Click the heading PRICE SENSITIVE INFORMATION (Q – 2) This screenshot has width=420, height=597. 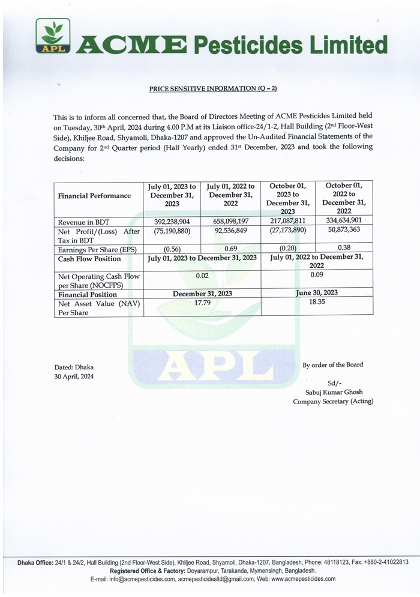tap(213, 88)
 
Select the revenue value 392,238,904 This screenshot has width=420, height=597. tap(172, 222)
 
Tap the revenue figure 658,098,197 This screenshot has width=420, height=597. tap(230, 222)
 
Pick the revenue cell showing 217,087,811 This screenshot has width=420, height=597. tap(288, 221)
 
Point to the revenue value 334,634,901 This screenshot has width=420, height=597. tap(344, 220)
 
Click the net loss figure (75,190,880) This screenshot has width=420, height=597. tap(172, 231)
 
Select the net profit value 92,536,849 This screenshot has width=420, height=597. tap(230, 231)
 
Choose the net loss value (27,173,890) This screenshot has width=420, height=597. tap(288, 231)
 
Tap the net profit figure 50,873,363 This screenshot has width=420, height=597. tap(344, 230)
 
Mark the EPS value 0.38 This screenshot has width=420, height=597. tap(344, 247)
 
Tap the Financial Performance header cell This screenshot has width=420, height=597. tap(94, 196)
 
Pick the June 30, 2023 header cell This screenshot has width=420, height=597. tap(317, 293)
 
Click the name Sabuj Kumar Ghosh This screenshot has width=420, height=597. tap(332, 392)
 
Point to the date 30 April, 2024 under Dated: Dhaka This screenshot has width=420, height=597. tap(74, 377)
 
